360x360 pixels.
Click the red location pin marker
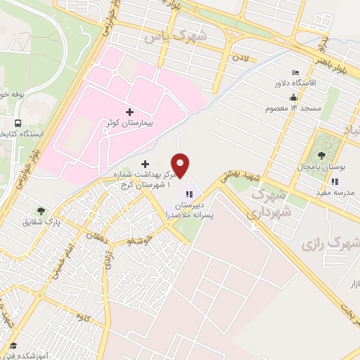pyautogui.click(x=181, y=164)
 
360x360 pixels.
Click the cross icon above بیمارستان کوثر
pyautogui.click(x=129, y=111)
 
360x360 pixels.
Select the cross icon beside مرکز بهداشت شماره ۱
pyautogui.click(x=146, y=163)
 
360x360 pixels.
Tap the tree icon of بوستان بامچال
pyautogui.click(x=322, y=155)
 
